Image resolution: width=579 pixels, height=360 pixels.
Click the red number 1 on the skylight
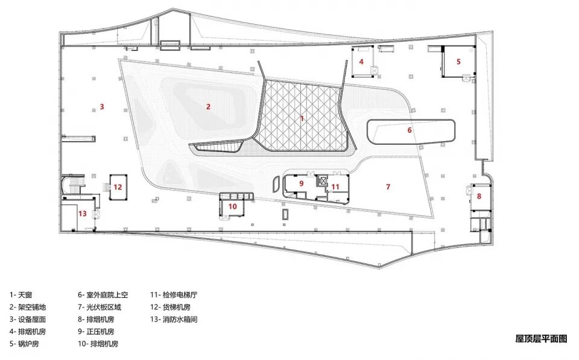(x=302, y=119)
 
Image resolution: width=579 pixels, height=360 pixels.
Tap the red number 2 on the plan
(x=208, y=107)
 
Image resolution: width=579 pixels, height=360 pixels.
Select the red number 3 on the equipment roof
(x=102, y=107)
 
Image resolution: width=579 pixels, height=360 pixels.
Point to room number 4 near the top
(x=361, y=62)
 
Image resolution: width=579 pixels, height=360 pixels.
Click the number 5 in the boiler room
(x=458, y=62)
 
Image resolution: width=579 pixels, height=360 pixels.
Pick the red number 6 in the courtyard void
(x=410, y=130)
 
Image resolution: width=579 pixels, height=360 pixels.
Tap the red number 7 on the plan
(x=388, y=187)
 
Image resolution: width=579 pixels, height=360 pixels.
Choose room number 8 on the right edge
(x=479, y=196)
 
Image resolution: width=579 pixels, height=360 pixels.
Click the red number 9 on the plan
(x=302, y=183)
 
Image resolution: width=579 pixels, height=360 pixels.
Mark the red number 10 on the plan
(x=232, y=206)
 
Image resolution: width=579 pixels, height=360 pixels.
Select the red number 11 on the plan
(x=335, y=187)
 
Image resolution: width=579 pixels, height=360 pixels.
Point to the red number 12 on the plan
(x=118, y=187)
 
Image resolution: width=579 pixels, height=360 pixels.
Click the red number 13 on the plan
(x=83, y=213)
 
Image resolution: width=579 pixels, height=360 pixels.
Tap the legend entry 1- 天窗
(x=21, y=295)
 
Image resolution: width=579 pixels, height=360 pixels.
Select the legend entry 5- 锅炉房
(x=24, y=344)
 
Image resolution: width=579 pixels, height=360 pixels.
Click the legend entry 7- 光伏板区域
(x=100, y=307)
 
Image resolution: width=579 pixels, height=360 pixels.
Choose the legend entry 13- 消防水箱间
(x=174, y=319)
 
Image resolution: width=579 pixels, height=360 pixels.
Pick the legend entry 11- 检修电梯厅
(x=174, y=295)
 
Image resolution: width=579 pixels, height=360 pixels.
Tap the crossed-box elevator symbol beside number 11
(x=323, y=180)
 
